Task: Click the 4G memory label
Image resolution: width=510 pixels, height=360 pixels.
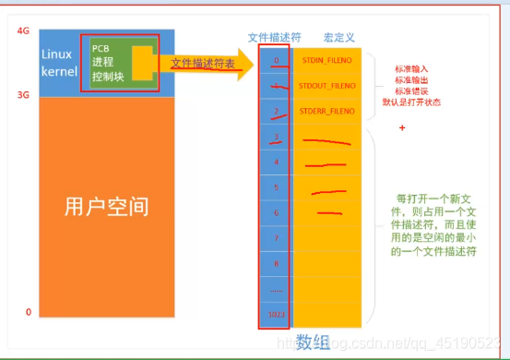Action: click(23, 30)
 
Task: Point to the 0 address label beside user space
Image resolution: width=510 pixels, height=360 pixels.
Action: click(29, 312)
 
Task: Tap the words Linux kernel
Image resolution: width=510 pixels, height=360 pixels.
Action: click(57, 62)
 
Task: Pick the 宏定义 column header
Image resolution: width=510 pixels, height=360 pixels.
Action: click(339, 38)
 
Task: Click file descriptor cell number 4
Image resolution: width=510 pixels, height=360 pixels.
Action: click(275, 162)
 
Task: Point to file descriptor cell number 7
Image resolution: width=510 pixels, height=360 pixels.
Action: click(275, 238)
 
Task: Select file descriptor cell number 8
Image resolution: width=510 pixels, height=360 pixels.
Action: click(275, 263)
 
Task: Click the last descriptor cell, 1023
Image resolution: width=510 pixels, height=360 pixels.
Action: click(275, 314)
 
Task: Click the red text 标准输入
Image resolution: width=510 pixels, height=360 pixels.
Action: click(410, 68)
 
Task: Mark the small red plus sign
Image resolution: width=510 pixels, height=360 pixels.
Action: click(403, 127)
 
